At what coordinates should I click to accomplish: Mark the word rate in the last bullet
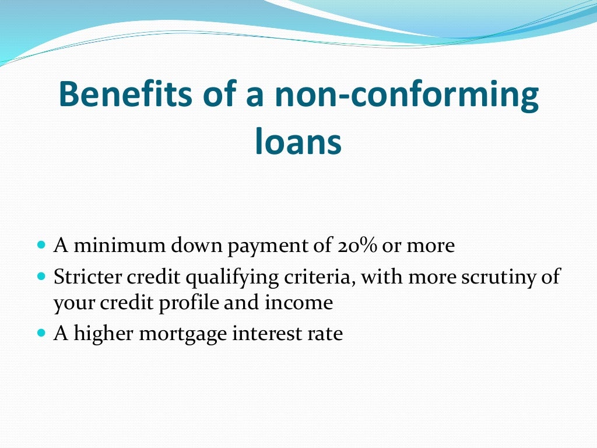point(326,334)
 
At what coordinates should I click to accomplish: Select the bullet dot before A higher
point(41,333)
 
